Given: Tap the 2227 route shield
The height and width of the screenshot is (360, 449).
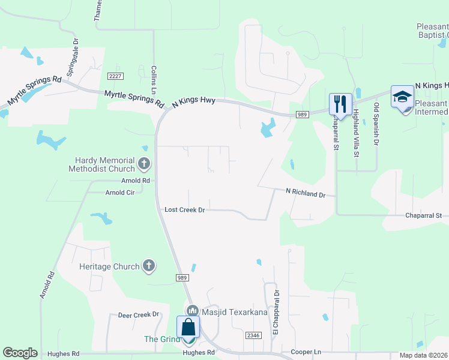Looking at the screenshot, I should click(116, 76).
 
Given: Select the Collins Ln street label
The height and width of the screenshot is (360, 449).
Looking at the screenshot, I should click(154, 80).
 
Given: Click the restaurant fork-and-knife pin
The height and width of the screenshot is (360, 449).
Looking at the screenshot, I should click(340, 104).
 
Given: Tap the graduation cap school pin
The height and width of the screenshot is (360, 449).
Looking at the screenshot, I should click(402, 97).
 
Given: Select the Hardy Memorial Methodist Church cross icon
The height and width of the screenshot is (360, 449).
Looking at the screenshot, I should click(143, 163).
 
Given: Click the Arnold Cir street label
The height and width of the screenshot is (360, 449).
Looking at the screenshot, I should click(120, 193).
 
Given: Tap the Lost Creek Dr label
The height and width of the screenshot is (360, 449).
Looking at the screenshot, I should click(185, 210).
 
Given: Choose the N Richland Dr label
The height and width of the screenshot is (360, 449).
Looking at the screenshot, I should click(305, 194).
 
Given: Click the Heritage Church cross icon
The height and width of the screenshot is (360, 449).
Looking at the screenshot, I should click(148, 266).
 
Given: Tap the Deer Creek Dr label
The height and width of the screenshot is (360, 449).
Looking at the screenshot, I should click(138, 314).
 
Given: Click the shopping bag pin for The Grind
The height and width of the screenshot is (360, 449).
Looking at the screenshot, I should click(188, 328).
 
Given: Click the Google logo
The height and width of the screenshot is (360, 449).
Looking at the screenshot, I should click(20, 353).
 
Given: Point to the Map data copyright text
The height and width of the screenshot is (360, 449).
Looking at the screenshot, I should click(424, 355).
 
